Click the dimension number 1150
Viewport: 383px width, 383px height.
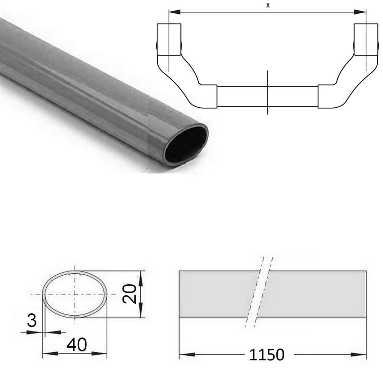pyautogui.click(x=267, y=355)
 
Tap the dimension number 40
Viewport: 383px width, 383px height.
pyautogui.click(x=77, y=345)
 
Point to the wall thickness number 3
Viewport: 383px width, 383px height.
pyautogui.click(x=32, y=320)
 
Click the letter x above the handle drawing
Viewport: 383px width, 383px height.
pyautogui.click(x=268, y=5)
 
